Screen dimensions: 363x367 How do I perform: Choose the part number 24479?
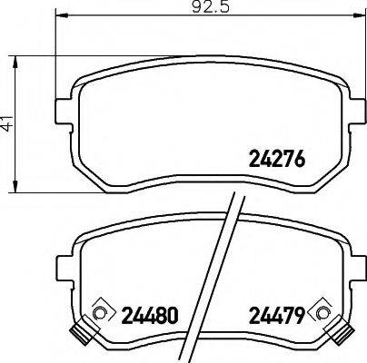click(x=275, y=317)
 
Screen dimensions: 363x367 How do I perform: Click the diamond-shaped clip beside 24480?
click(x=101, y=314)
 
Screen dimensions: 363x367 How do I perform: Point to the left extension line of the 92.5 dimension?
click(x=56, y=54)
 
